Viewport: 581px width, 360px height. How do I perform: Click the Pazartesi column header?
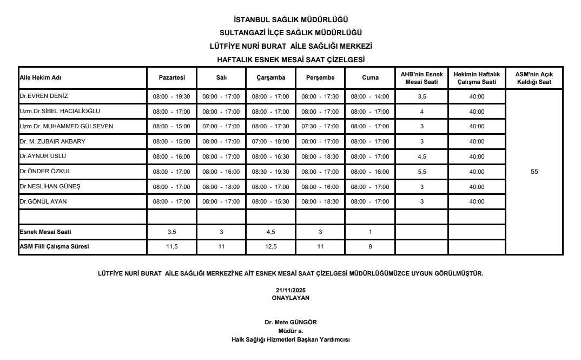(x=171, y=77)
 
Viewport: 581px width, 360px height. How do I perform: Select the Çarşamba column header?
(x=270, y=77)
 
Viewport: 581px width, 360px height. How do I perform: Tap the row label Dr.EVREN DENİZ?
(x=44, y=96)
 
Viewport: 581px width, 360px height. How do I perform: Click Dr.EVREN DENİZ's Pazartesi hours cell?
(x=171, y=96)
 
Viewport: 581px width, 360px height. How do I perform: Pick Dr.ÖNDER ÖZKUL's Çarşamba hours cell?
(x=270, y=172)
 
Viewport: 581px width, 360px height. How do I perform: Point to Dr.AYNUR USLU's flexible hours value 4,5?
(x=422, y=156)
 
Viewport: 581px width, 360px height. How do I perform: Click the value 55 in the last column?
(x=534, y=172)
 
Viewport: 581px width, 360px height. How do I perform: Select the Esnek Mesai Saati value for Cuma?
(x=370, y=232)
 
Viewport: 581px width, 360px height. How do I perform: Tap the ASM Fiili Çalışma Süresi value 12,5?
(x=270, y=246)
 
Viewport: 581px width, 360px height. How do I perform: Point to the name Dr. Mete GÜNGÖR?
(x=290, y=322)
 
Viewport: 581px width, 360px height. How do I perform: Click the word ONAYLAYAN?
(x=290, y=297)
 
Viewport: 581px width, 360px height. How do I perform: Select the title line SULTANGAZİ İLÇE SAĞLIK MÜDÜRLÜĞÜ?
(x=290, y=32)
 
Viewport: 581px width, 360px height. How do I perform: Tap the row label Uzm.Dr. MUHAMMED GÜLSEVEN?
(x=66, y=126)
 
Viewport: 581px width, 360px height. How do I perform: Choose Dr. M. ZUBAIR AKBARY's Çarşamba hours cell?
(x=270, y=141)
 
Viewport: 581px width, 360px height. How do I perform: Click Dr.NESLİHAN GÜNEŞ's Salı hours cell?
(x=221, y=187)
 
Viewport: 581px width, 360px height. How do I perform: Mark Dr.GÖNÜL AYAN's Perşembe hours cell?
(x=320, y=201)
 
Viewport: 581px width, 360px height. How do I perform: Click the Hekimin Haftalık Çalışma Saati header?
(x=477, y=77)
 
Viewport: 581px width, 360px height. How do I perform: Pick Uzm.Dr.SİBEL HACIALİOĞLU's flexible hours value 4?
(x=422, y=112)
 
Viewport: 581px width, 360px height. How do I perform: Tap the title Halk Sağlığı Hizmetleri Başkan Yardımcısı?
(x=290, y=339)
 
